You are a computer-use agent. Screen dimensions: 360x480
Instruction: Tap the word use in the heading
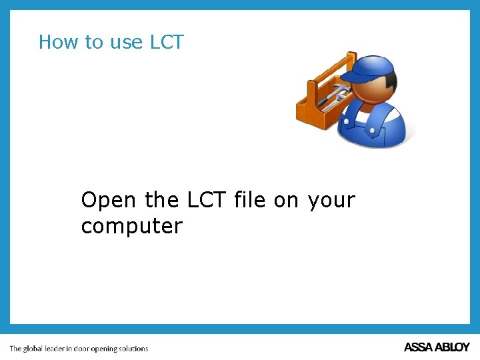point(126,43)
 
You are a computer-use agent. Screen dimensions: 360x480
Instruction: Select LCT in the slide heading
point(167,42)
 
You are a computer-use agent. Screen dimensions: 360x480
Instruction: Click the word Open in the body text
point(108,200)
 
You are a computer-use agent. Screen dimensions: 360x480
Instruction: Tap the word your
point(331,201)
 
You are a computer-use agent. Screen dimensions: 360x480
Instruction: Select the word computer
point(131,227)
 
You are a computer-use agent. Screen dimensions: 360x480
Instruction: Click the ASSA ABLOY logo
point(437,347)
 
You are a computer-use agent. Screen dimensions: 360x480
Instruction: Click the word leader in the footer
point(56,348)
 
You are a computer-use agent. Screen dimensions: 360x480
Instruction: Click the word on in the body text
point(286,200)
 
